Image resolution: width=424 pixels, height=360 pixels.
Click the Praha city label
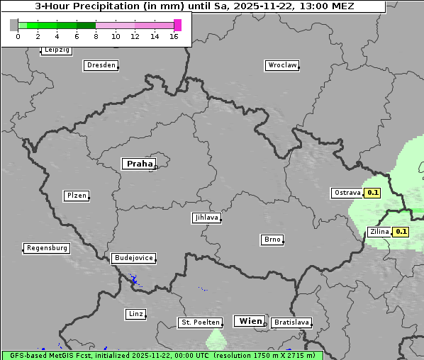click(139, 164)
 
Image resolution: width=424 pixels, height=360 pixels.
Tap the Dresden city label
click(101, 65)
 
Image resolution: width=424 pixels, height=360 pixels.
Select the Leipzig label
click(56, 50)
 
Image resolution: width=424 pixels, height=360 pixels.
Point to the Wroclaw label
click(281, 65)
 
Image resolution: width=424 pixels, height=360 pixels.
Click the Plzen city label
click(76, 196)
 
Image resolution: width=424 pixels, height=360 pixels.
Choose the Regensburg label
click(47, 248)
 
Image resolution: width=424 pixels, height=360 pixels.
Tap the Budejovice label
click(133, 258)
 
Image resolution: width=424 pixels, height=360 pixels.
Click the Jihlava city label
click(206, 218)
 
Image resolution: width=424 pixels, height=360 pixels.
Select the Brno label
click(272, 240)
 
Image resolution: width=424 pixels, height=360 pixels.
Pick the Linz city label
click(135, 313)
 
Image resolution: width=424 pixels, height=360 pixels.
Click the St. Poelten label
click(197, 322)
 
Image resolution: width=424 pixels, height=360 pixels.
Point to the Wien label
click(250, 321)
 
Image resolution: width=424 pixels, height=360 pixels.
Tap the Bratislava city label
click(291, 322)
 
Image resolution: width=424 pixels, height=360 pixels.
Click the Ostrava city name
click(346, 193)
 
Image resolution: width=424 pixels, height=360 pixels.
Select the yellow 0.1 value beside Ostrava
click(373, 193)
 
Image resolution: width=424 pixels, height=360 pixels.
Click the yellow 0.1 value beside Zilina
click(401, 232)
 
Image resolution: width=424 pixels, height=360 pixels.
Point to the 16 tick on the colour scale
click(174, 36)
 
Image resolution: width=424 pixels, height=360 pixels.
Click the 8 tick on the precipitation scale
click(96, 36)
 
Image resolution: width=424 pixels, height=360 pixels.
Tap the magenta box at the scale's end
click(177, 26)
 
